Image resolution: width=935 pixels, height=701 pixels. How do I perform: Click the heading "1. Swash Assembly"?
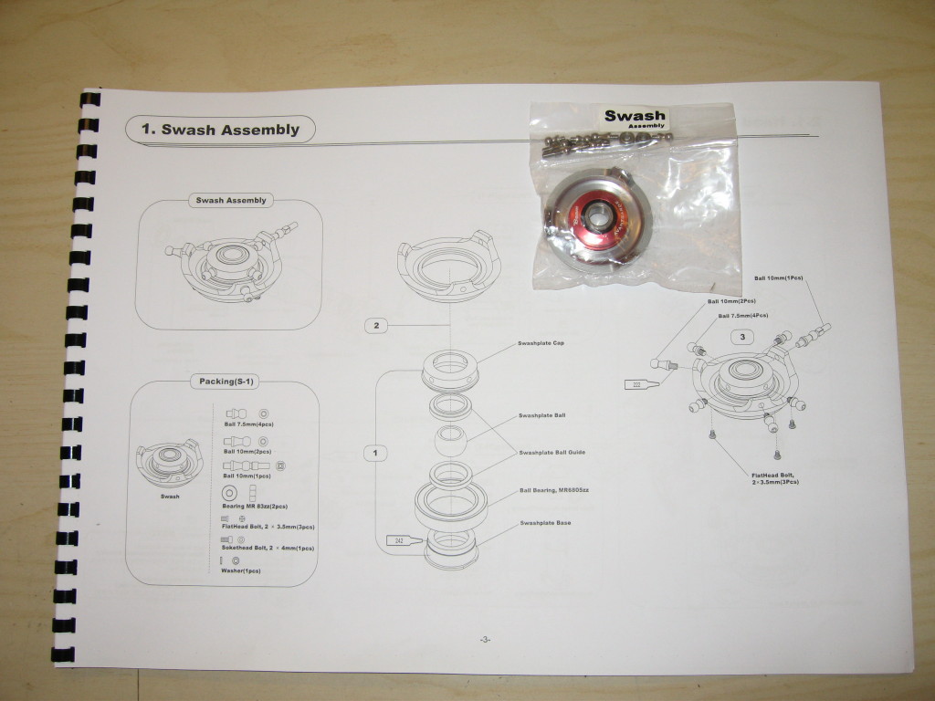pyautogui.click(x=220, y=130)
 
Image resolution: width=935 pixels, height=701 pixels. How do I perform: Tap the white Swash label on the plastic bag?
pyautogui.click(x=635, y=119)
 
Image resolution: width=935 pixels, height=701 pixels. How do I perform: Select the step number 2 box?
pyautogui.click(x=376, y=324)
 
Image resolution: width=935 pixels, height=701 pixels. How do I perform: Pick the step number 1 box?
pyautogui.click(x=376, y=452)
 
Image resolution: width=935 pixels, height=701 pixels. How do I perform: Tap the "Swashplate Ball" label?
pyautogui.click(x=542, y=415)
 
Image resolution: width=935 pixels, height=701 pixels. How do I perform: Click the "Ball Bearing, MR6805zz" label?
pyautogui.click(x=554, y=490)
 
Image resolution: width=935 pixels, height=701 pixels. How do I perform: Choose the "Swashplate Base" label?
pyautogui.click(x=546, y=523)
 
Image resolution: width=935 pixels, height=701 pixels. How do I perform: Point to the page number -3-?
pyautogui.click(x=485, y=640)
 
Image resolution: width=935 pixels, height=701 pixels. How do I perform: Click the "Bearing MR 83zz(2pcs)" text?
pyautogui.click(x=256, y=505)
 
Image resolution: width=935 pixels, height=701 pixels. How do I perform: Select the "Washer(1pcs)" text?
pyautogui.click(x=241, y=570)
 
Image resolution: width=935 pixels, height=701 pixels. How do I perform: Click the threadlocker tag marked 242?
pyautogui.click(x=400, y=541)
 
